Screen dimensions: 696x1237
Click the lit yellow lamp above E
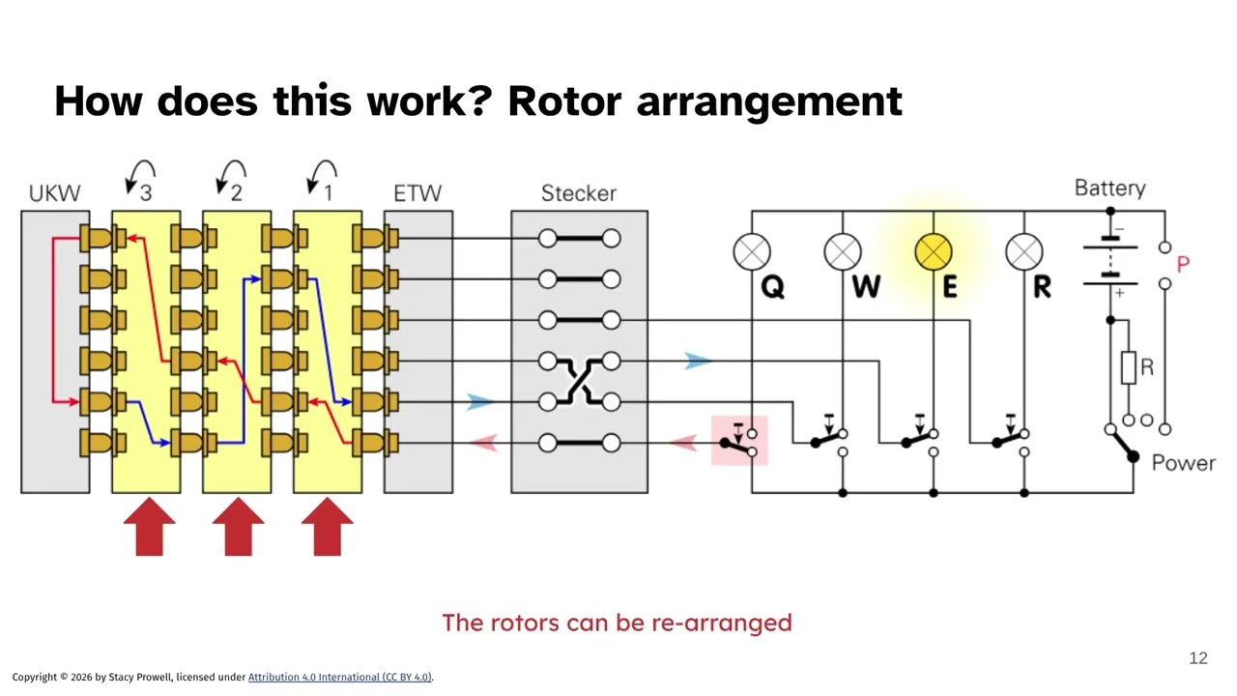(x=933, y=253)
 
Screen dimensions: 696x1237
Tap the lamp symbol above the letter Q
(x=752, y=253)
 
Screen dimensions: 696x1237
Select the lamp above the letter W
(x=843, y=253)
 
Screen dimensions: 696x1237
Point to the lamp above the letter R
(x=1023, y=253)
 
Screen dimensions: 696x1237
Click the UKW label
(x=54, y=193)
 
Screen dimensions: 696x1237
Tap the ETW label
(x=417, y=193)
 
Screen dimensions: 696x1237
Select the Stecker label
(x=578, y=193)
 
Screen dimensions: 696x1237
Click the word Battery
(x=1109, y=188)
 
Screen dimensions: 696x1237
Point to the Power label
(x=1183, y=462)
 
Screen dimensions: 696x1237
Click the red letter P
(x=1183, y=264)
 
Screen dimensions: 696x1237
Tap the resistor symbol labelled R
(x=1129, y=368)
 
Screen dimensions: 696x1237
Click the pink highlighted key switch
(x=739, y=441)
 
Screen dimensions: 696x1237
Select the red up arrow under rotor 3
(x=149, y=527)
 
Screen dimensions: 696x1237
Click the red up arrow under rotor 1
(x=327, y=527)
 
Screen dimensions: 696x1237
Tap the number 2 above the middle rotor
(x=237, y=192)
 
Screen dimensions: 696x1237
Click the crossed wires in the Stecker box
(x=579, y=381)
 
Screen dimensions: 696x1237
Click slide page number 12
(x=1197, y=658)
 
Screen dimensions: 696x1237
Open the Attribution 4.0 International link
(x=339, y=677)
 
